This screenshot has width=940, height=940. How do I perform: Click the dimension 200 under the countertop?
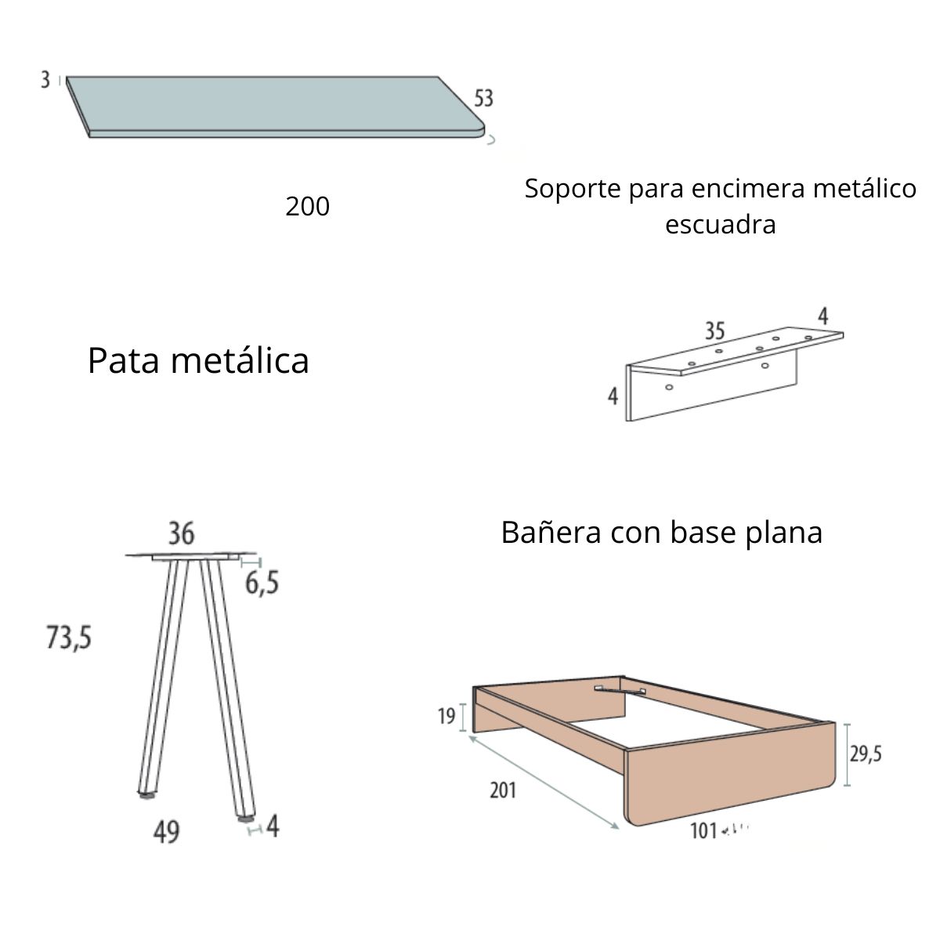coord(307,207)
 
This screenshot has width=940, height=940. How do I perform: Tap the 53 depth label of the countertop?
coord(483,99)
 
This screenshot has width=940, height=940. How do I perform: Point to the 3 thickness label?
coord(45,80)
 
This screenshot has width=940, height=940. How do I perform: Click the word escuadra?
coord(720,225)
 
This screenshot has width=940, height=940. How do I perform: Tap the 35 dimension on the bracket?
coord(714,331)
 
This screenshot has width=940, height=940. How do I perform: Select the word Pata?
coord(122,361)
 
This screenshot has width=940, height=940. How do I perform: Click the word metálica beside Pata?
coord(240,361)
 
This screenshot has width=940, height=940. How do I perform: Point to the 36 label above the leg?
coord(181,534)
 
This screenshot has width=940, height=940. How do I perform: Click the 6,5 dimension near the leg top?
coord(262,584)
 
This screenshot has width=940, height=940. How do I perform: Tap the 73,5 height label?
coord(69,639)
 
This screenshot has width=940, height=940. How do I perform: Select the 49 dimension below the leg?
coord(166,831)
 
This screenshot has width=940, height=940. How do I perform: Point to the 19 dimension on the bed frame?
coord(446,716)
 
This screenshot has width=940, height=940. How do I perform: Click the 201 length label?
coord(503,790)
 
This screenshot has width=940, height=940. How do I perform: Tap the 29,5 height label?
coord(866,754)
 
